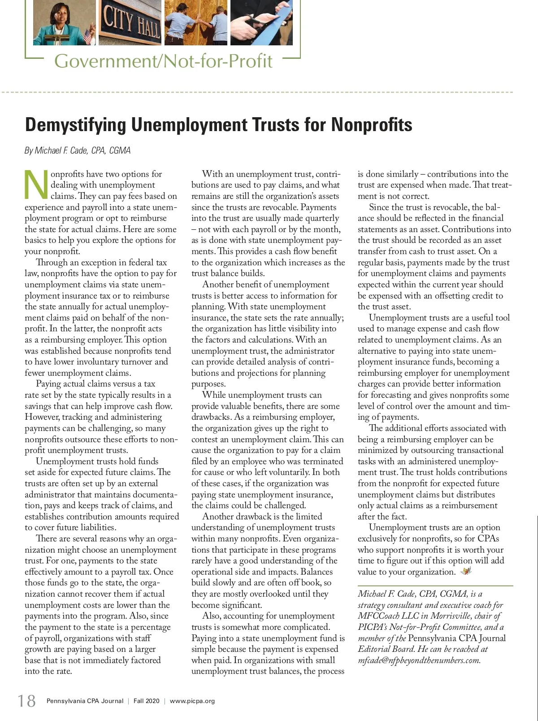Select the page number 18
26,701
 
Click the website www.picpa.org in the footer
192,701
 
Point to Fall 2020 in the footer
146,701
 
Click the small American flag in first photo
87,37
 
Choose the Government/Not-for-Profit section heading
163,61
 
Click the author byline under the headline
78,150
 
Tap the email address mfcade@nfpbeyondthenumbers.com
419,660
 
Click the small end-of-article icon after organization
466,572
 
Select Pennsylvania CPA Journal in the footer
85,701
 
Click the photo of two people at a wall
196,22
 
